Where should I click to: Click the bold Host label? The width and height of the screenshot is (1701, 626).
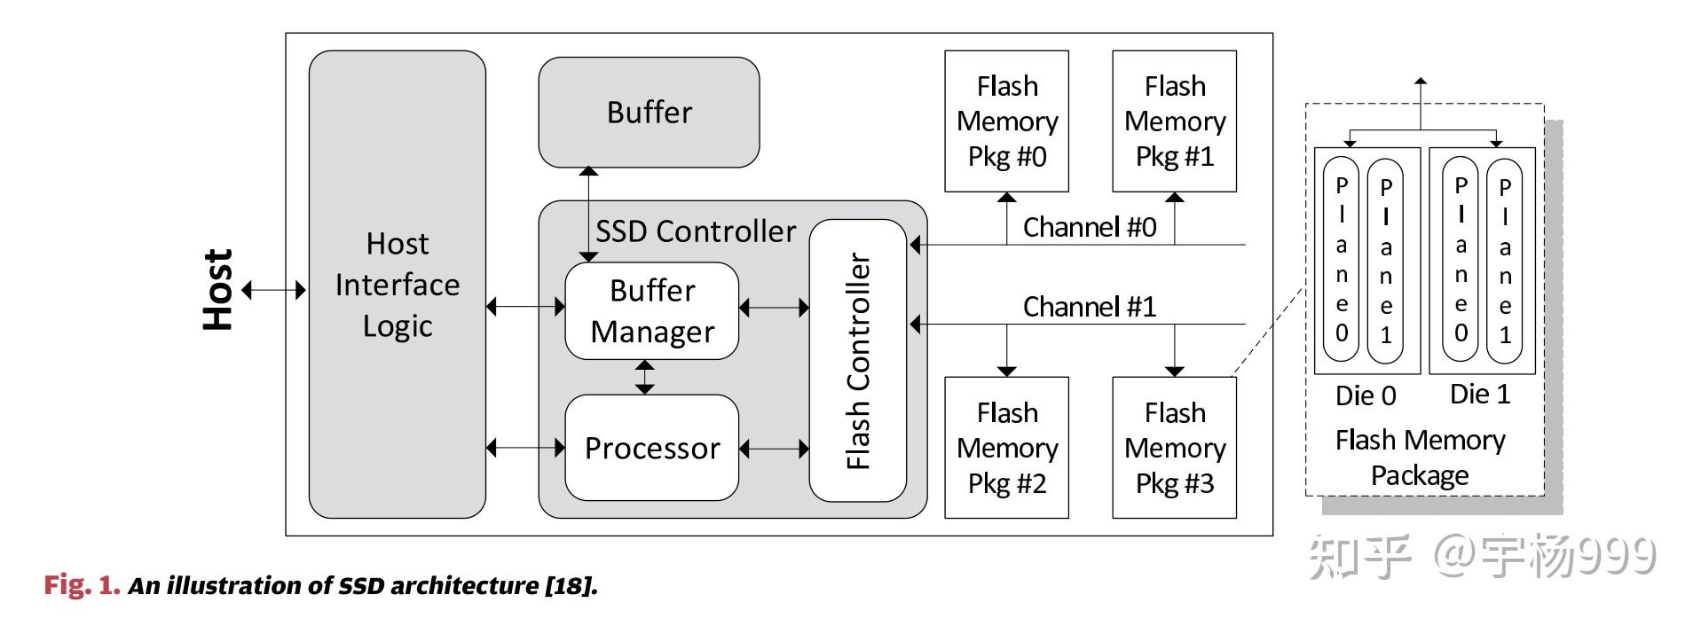pyautogui.click(x=218, y=290)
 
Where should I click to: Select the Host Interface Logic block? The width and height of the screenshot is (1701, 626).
pyautogui.click(x=397, y=285)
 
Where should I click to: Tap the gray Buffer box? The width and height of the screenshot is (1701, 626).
pyautogui.click(x=649, y=113)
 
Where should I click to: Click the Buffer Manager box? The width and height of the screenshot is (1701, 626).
pyautogui.click(x=652, y=311)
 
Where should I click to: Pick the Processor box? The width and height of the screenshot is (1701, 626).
pyautogui.click(x=652, y=448)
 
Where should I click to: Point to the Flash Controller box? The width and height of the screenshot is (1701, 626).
pyautogui.click(x=858, y=361)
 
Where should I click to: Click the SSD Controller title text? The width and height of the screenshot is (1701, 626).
pyautogui.click(x=696, y=231)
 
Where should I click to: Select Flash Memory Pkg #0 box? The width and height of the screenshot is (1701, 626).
pyautogui.click(x=1006, y=121)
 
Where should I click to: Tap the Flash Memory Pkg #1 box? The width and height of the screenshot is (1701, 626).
pyautogui.click(x=1174, y=121)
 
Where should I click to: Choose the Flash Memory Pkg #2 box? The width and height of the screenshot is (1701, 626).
pyautogui.click(x=1006, y=448)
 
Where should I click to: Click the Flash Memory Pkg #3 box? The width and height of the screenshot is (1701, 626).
pyautogui.click(x=1174, y=448)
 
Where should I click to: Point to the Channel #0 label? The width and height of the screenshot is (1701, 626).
pyautogui.click(x=1089, y=228)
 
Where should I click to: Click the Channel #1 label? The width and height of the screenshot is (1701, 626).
pyautogui.click(x=1089, y=307)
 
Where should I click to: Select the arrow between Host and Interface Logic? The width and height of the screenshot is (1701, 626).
pyautogui.click(x=274, y=290)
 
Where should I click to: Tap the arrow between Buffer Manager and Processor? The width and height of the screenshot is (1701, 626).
pyautogui.click(x=645, y=377)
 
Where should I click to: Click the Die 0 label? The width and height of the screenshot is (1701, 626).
pyautogui.click(x=1365, y=395)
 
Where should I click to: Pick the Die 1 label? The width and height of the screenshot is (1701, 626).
pyautogui.click(x=1479, y=395)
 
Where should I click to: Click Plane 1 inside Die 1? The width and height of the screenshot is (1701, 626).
pyautogui.click(x=1504, y=262)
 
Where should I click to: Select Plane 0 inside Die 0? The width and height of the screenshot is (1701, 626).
pyautogui.click(x=1341, y=260)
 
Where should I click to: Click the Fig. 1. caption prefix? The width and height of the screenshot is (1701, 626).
pyautogui.click(x=82, y=585)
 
